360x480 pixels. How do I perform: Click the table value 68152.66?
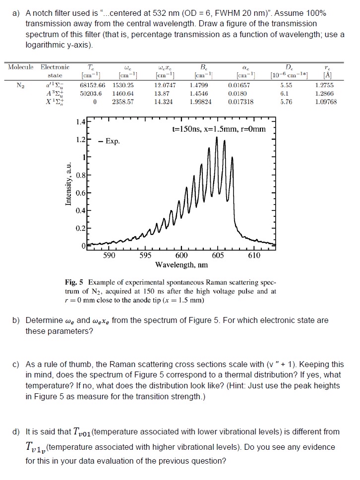pos(92,85)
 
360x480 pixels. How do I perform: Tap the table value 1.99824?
pos(201,102)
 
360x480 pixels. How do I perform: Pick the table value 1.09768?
pos(326,102)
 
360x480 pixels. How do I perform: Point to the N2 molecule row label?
pos(19,85)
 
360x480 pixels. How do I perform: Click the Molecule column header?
pos(20,67)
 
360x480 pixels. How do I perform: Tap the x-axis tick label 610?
pos(253,256)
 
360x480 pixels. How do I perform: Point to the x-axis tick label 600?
pos(181,256)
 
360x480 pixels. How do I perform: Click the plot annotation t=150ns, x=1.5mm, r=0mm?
pos(219,129)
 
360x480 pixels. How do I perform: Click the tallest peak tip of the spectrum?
pos(217,137)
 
